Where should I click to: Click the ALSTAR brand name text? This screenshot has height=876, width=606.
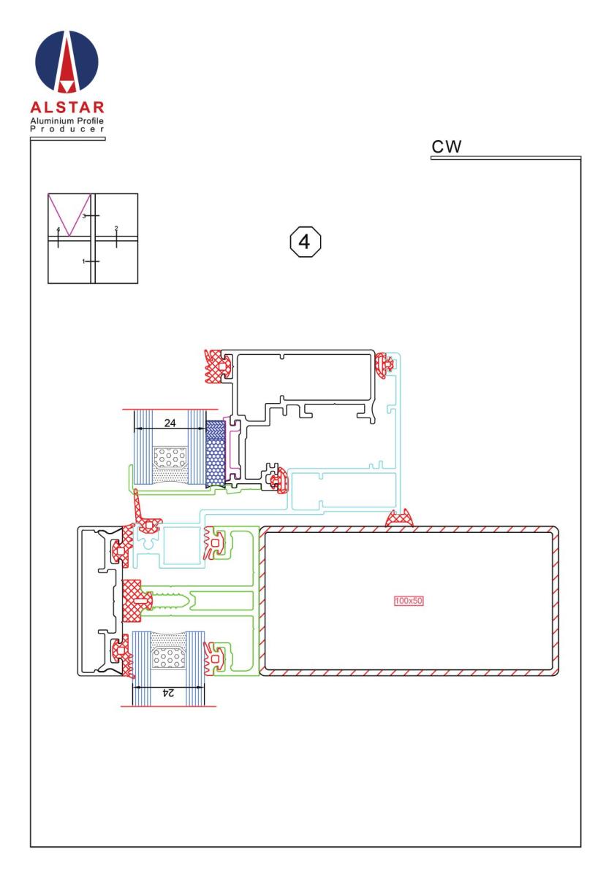click(67, 107)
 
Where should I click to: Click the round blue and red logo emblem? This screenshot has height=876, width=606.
click(67, 62)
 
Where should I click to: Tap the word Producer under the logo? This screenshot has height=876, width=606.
click(67, 129)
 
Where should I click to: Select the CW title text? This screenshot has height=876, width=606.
click(446, 147)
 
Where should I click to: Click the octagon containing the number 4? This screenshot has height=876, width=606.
click(305, 242)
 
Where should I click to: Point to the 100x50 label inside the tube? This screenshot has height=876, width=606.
click(409, 600)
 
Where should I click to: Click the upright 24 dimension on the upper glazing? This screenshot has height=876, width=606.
click(170, 423)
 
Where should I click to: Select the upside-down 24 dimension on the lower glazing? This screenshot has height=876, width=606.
click(168, 693)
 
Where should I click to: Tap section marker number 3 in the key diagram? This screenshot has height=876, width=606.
click(84, 215)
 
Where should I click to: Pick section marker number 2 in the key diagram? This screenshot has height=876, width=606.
click(116, 228)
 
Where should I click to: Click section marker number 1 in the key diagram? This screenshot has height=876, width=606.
click(83, 261)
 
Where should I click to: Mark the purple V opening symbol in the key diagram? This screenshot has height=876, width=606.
click(69, 215)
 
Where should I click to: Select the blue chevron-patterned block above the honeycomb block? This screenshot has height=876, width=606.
click(216, 430)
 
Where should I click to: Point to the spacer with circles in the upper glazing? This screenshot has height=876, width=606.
click(170, 458)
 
